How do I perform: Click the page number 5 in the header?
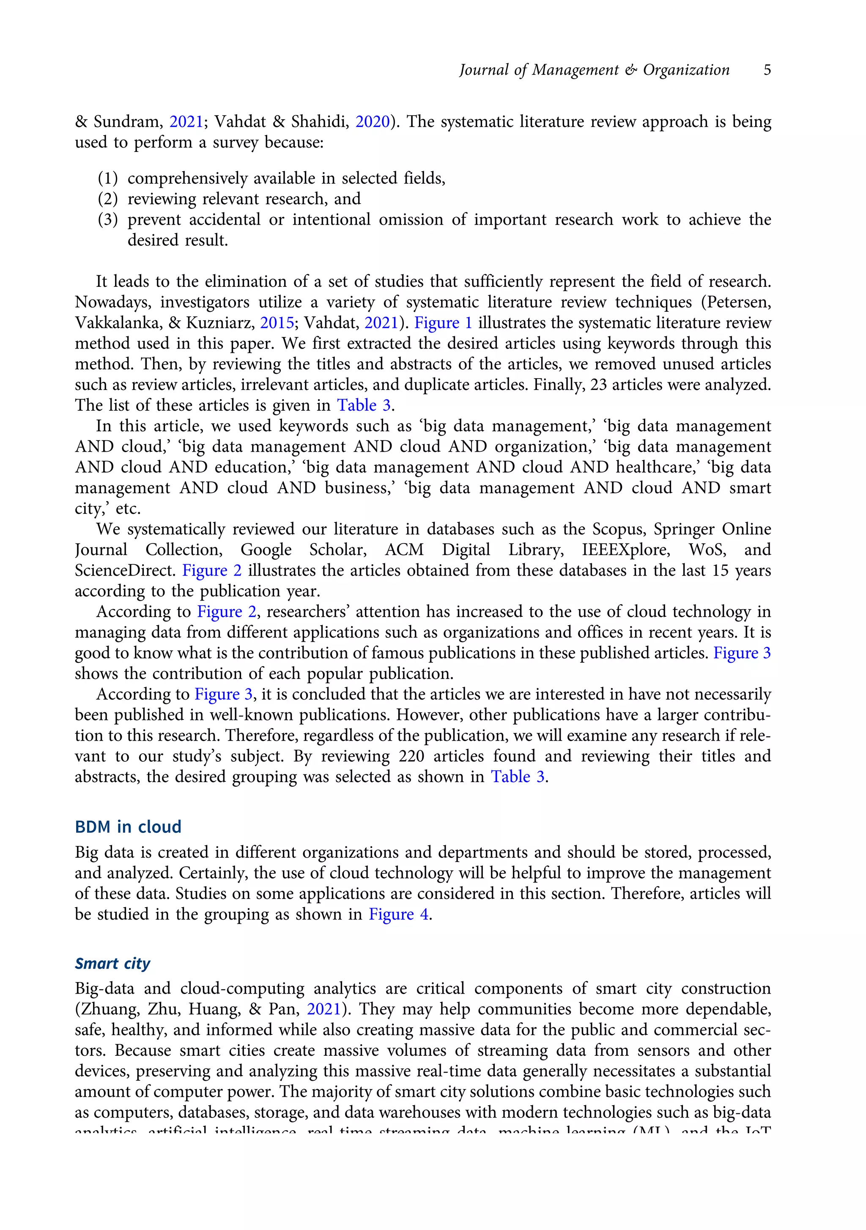coord(767,70)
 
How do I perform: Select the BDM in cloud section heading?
coord(128,826)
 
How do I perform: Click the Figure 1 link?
coord(443,323)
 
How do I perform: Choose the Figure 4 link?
coord(398,914)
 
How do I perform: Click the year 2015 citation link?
coord(277,323)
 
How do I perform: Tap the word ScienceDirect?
coord(125,571)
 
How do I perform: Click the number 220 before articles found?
coord(411,756)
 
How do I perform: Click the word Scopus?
coord(617,529)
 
